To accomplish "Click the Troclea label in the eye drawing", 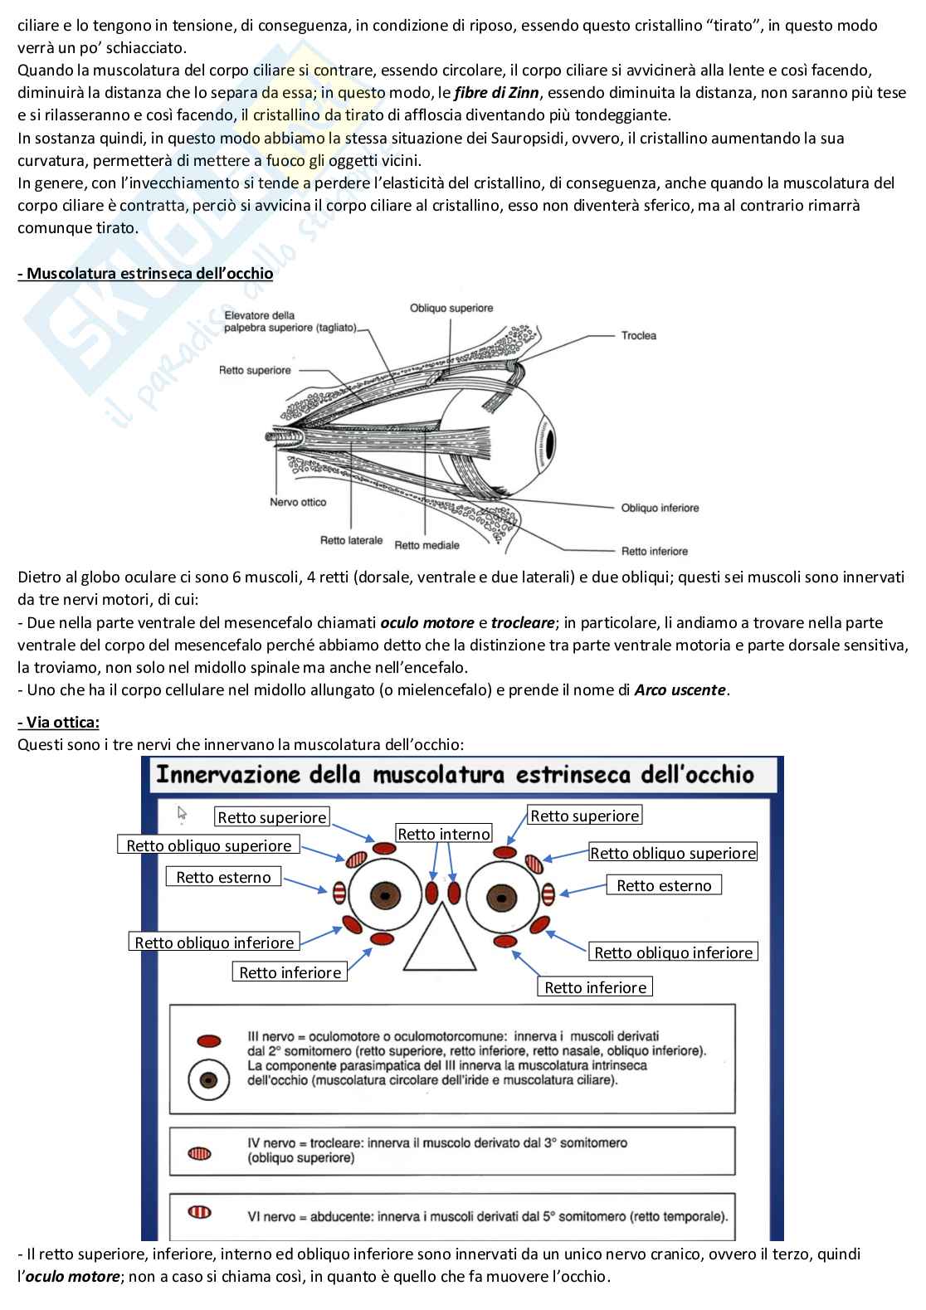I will pyautogui.click(x=638, y=336).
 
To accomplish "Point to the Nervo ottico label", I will pyautogui.click(x=298, y=502).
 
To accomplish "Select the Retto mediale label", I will pyautogui.click(x=426, y=545).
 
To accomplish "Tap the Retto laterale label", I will pyautogui.click(x=351, y=541).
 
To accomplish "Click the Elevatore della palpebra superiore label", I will pyautogui.click(x=290, y=322).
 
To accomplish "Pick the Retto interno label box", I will pyautogui.click(x=444, y=834).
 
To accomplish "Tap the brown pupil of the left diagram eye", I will pyautogui.click(x=384, y=895).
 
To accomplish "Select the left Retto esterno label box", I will pyautogui.click(x=223, y=877).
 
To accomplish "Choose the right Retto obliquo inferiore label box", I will pyautogui.click(x=673, y=952).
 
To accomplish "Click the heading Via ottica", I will pyautogui.click(x=58, y=722).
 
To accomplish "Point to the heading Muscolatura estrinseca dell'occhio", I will pyautogui.click(x=145, y=273).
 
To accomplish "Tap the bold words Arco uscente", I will pyautogui.click(x=680, y=689).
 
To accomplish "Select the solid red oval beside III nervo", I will pyautogui.click(x=207, y=1040).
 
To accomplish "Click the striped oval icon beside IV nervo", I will pyautogui.click(x=200, y=1153).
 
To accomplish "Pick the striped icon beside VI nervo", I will pyautogui.click(x=200, y=1213).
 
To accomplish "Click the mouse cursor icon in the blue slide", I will pyautogui.click(x=183, y=813).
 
